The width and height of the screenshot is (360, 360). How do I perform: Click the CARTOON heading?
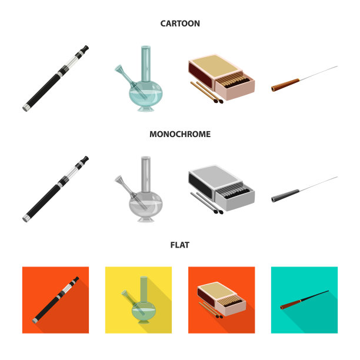[180, 24]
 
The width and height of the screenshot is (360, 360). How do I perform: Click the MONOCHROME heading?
[180, 134]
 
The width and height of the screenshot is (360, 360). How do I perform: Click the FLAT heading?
[180, 245]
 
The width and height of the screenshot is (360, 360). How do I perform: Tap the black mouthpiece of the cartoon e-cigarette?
[85, 49]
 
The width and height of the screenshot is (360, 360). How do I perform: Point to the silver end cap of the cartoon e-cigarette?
[26, 108]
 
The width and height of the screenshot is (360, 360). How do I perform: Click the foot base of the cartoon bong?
[145, 108]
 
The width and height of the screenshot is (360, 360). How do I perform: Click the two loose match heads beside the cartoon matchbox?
[218, 101]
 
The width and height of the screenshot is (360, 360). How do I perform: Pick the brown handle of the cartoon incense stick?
[285, 85]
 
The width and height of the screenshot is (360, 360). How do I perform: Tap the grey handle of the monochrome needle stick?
[285, 196]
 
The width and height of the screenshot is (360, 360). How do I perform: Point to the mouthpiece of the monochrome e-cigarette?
[85, 159]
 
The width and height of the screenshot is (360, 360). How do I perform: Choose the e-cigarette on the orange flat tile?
[55, 300]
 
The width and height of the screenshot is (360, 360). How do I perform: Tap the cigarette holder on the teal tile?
[304, 300]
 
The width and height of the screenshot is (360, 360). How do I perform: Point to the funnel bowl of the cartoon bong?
[119, 69]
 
